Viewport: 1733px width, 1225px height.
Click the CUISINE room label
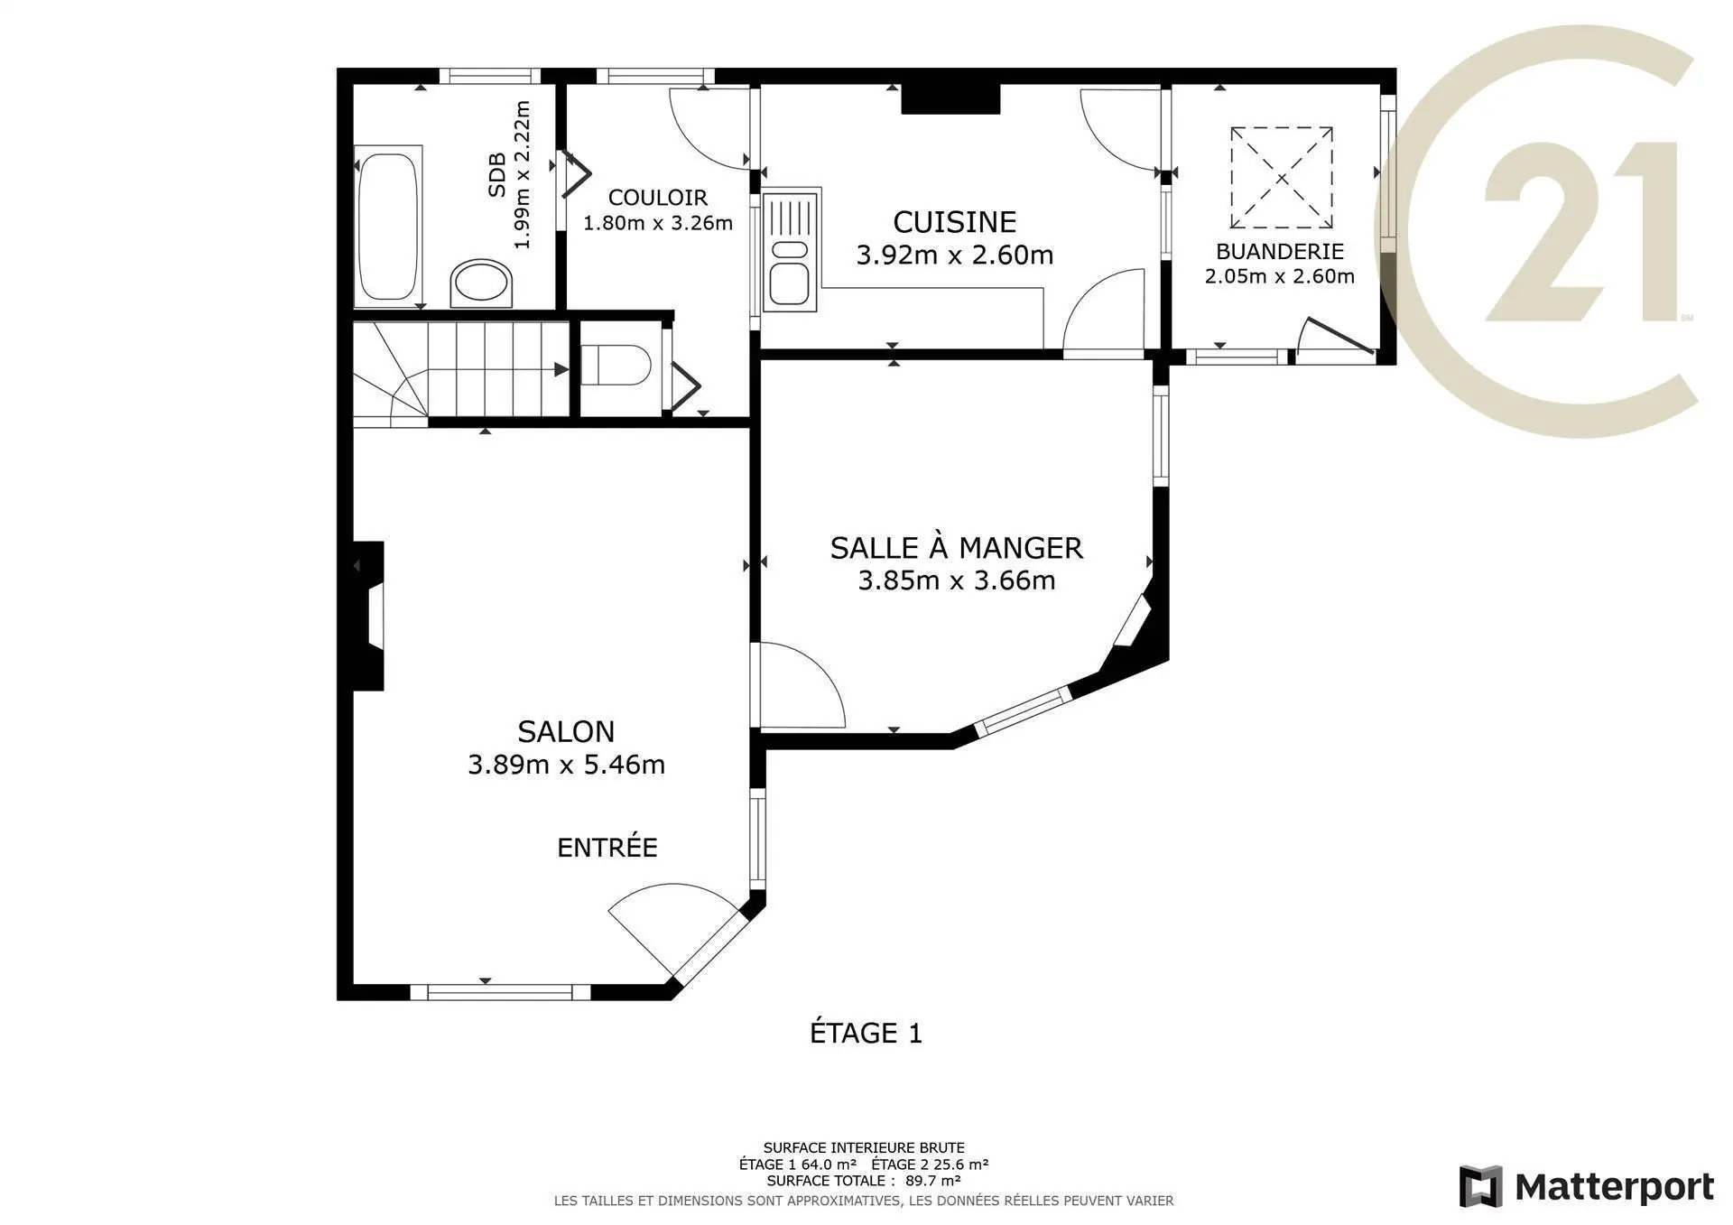coord(954,222)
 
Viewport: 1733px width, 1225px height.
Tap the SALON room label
coord(566,731)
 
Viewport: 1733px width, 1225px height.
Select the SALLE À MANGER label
coord(956,548)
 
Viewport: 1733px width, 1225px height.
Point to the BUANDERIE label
coord(1280,252)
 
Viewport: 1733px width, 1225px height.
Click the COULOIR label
coord(657,198)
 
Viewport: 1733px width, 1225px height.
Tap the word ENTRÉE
coord(607,848)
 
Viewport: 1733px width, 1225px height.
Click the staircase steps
coord(460,370)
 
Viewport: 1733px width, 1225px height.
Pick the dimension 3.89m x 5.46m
coord(566,765)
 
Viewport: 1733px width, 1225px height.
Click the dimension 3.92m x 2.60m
coord(954,255)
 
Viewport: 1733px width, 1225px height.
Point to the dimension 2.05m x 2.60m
coord(1280,276)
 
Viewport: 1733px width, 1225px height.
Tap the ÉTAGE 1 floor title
coord(866,1033)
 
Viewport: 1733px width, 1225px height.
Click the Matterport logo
coord(1587,1187)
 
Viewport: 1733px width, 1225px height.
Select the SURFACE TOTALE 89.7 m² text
coord(864,1181)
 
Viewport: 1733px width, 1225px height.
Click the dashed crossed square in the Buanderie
coord(1282,178)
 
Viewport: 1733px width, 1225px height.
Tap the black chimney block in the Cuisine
coord(950,98)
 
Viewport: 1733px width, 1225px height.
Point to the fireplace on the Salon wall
coord(368,616)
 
